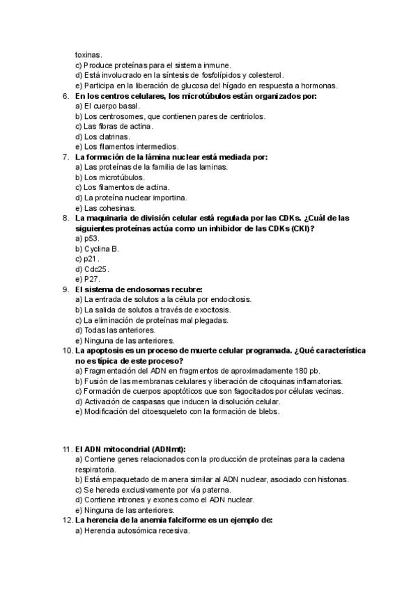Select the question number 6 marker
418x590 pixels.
65,95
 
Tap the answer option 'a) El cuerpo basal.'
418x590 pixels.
107,106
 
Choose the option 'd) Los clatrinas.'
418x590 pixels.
102,136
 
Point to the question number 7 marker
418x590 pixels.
65,157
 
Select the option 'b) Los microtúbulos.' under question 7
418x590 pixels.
110,177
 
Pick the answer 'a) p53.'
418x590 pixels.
87,238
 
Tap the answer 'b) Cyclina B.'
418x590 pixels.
97,248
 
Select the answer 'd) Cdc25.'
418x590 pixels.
92,269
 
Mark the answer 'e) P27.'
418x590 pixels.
87,279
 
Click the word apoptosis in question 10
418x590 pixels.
101,350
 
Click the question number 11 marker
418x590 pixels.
67,449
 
